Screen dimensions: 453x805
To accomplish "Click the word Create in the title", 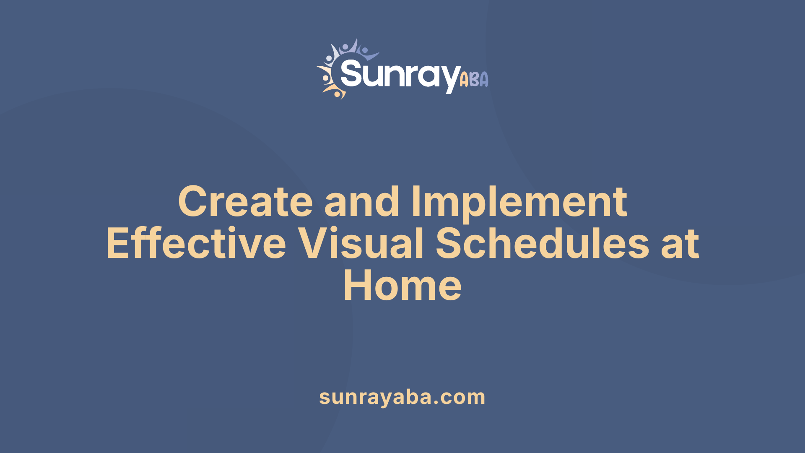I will pos(245,202).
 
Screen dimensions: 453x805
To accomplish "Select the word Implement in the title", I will pos(519,202).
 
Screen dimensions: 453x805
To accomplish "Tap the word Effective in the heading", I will pos(196,244).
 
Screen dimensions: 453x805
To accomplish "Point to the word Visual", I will pos(361,244).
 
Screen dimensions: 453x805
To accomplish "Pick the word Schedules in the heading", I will pos(542,244).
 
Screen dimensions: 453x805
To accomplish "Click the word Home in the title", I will pos(402,286).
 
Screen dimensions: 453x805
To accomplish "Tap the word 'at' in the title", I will pos(680,244).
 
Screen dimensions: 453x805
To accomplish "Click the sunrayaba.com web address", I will pos(402,397).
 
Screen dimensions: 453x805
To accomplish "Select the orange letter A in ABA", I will pos(464,80).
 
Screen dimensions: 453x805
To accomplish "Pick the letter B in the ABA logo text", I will pos(474,79).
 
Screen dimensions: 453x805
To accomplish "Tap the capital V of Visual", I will pos(314,244).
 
